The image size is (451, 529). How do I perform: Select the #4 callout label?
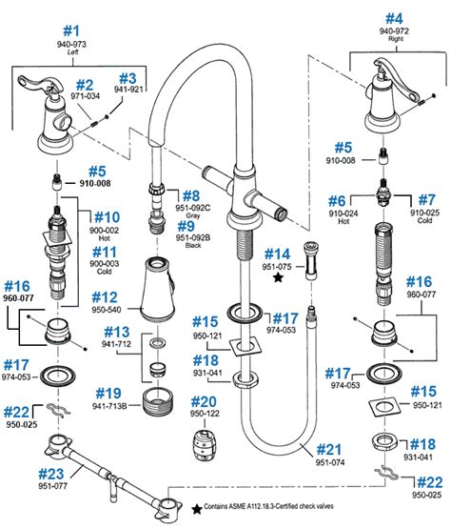pos(394,16)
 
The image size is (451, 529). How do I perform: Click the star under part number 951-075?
pos(276,280)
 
